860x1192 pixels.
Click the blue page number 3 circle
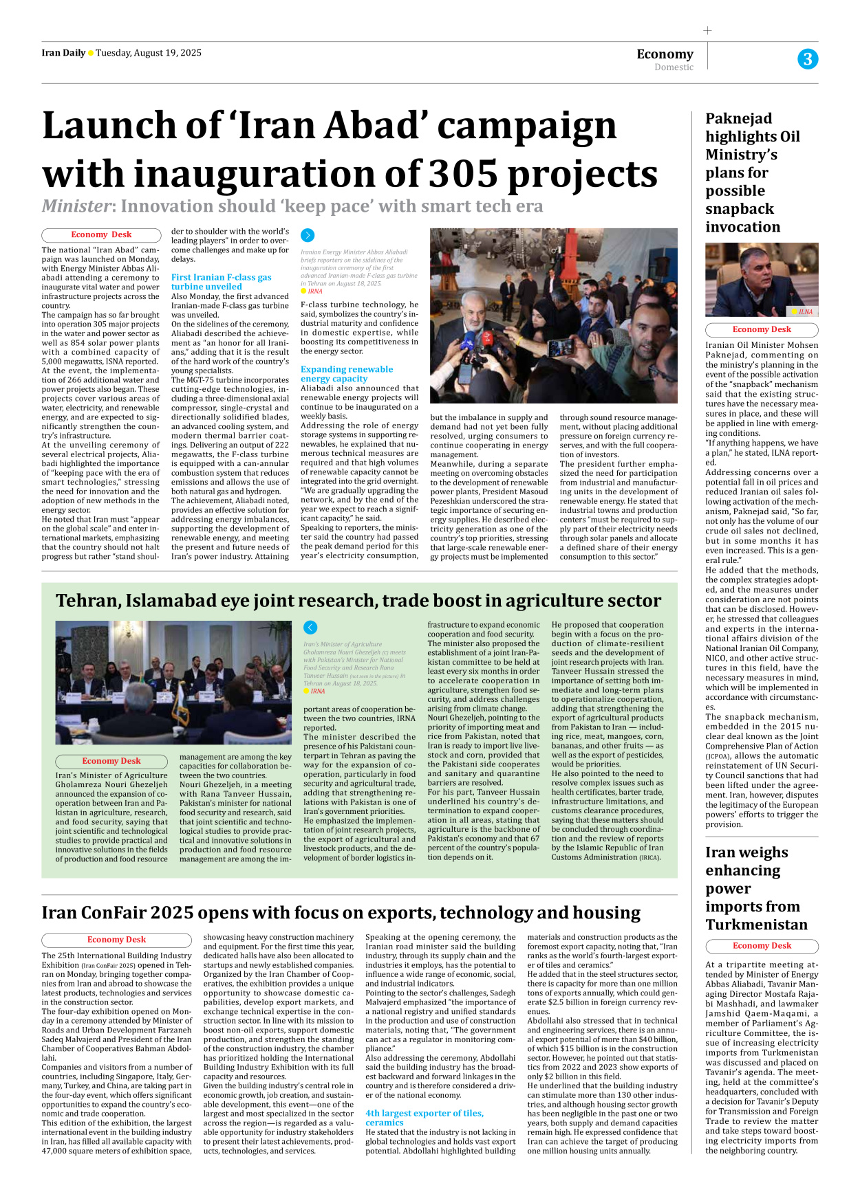[x=808, y=59]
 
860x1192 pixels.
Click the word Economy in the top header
[x=665, y=54]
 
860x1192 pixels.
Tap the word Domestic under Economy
[x=674, y=67]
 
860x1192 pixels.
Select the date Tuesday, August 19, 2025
[x=149, y=53]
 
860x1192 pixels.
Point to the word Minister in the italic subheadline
[x=76, y=206]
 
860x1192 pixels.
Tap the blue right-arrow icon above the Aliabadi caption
[x=308, y=235]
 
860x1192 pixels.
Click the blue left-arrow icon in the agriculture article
[x=310, y=627]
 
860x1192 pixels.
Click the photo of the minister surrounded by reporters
[x=553, y=316]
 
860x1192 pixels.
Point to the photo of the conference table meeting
[x=164, y=682]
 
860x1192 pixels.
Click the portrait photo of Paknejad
[x=761, y=279]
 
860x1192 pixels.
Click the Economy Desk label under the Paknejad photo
[x=762, y=329]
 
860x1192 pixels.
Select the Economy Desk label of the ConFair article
[x=116, y=939]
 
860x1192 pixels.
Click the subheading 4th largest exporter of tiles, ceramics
[x=424, y=1118]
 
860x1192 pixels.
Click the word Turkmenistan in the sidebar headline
[x=756, y=925]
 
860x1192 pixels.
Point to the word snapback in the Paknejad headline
[x=740, y=209]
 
